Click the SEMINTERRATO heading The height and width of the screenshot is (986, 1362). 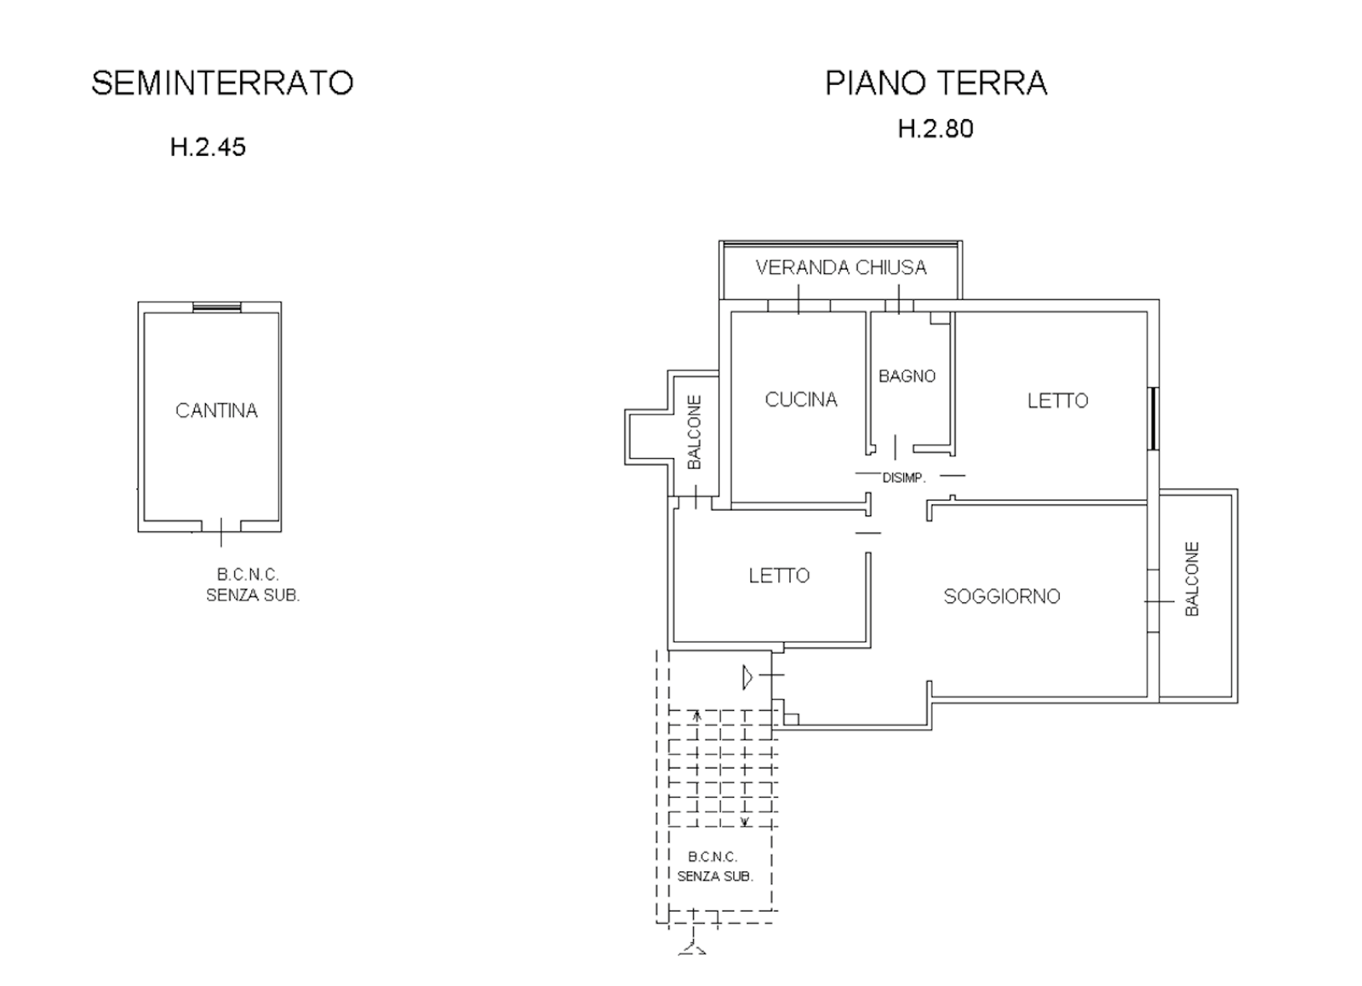coord(222,83)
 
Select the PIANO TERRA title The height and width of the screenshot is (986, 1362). coord(936,83)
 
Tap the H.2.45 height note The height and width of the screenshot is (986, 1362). coord(208,147)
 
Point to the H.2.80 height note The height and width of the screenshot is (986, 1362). coord(936,129)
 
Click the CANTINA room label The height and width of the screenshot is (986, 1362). coord(216,410)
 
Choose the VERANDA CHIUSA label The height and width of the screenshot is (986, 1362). coord(841,267)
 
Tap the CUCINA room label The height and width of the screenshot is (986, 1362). coord(801,399)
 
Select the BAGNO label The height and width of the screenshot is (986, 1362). coord(907,376)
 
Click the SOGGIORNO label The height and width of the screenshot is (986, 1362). coord(1001,596)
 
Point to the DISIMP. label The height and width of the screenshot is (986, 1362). coord(903,478)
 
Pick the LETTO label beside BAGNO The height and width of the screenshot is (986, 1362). coord(1057,401)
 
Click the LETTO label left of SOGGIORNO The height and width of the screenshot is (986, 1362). coord(779,576)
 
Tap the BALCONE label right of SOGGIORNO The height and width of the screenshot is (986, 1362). coord(1192,579)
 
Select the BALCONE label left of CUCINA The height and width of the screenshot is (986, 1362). coord(695,432)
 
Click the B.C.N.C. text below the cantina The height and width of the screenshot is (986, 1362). coord(248,574)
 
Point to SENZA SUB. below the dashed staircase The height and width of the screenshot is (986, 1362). coord(715,876)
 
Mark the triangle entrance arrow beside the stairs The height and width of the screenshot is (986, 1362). coord(747,678)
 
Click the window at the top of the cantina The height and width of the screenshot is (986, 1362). coord(217,307)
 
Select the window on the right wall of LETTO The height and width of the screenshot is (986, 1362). coord(1153,418)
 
